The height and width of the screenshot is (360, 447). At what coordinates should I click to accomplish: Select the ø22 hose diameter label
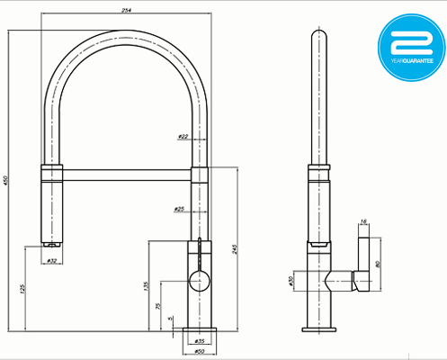[x=183, y=137]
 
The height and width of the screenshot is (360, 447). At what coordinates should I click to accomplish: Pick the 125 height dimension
[x=22, y=287]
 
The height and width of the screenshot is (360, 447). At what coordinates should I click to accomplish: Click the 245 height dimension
[x=236, y=249]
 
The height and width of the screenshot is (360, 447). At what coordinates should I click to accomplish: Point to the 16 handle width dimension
[x=363, y=221]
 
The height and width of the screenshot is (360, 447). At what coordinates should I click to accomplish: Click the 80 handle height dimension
[x=379, y=265]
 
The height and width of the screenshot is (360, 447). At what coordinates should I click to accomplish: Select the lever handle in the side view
[x=363, y=261]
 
